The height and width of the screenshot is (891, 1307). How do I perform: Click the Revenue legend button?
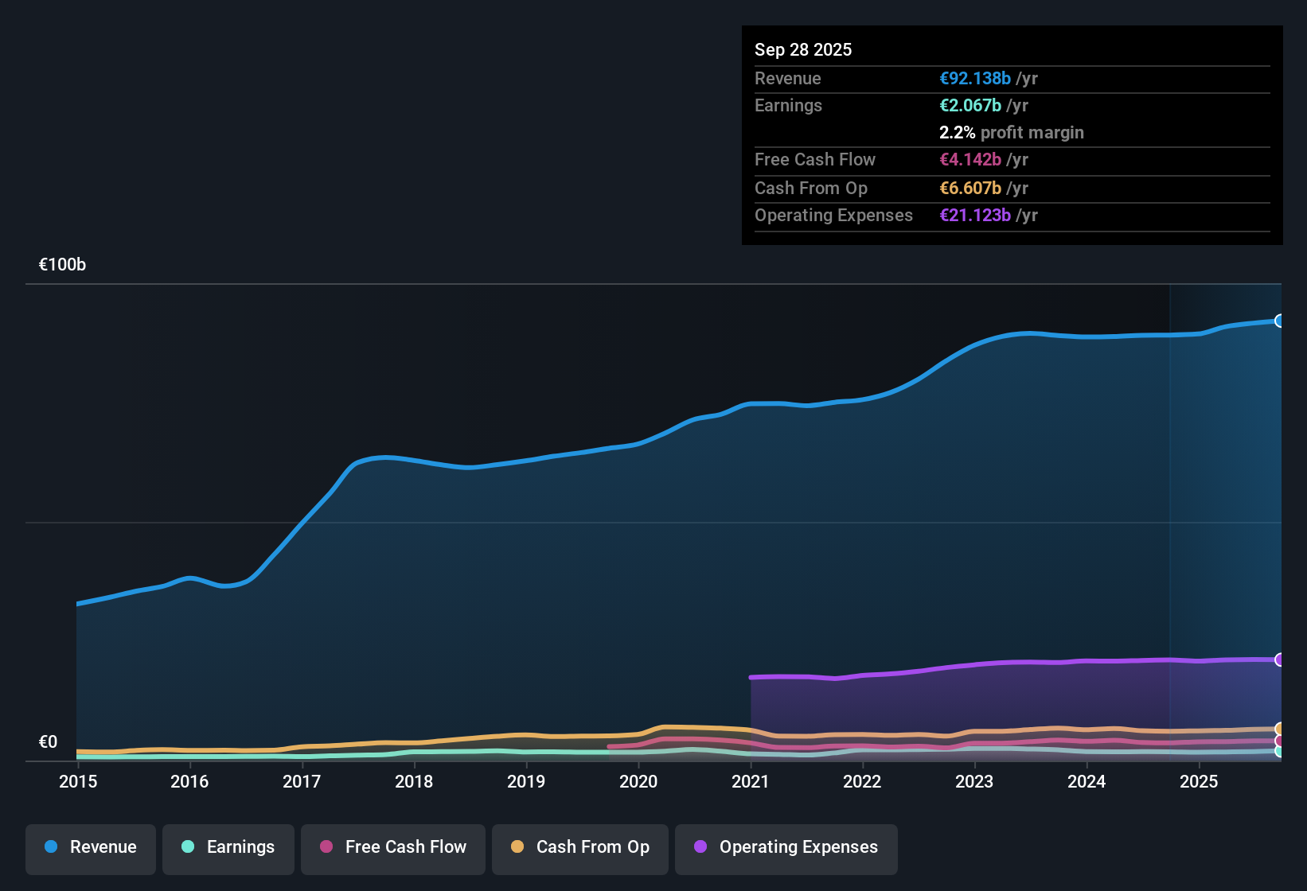click(x=91, y=847)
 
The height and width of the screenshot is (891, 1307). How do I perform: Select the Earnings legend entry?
click(x=228, y=847)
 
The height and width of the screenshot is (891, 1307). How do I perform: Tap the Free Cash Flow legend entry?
click(x=393, y=847)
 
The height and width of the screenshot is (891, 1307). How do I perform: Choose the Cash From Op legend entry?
click(x=580, y=847)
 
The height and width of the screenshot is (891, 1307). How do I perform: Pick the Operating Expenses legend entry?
click(x=786, y=847)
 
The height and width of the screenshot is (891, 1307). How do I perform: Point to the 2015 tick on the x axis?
click(x=78, y=781)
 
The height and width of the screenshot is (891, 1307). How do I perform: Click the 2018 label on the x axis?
click(x=414, y=781)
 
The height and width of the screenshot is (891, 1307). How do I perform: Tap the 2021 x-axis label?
click(x=750, y=781)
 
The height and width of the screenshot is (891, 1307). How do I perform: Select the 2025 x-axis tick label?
click(x=1198, y=781)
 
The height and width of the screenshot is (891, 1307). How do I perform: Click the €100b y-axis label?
click(x=62, y=265)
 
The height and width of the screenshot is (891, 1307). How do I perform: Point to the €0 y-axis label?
click(x=48, y=742)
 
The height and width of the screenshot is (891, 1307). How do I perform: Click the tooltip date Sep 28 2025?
click(x=802, y=49)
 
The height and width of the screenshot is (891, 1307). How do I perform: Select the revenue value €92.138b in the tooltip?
click(x=974, y=78)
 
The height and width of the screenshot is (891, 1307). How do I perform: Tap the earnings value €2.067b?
click(x=970, y=106)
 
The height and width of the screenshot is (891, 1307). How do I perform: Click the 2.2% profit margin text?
click(x=1011, y=133)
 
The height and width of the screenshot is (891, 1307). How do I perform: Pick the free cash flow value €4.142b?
click(x=970, y=160)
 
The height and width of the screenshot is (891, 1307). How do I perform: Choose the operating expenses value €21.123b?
click(x=974, y=216)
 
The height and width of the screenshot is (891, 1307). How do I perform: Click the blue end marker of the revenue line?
click(x=1279, y=321)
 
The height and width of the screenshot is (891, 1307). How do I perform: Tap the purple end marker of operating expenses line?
click(x=1279, y=659)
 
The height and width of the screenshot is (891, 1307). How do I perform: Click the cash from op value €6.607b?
click(x=970, y=189)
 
